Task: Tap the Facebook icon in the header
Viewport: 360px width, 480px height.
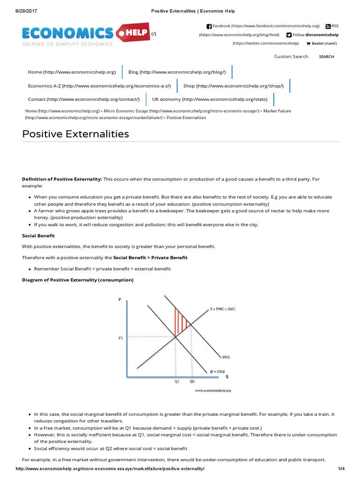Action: coord(209,26)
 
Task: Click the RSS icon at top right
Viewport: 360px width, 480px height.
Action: coord(328,26)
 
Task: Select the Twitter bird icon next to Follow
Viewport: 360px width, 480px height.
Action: coord(289,35)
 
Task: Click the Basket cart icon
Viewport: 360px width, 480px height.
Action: coord(308,44)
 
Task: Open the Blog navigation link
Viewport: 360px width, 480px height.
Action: coord(177,72)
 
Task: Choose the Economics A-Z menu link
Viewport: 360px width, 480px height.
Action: coord(99,86)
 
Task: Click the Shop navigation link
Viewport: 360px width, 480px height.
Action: coord(233,86)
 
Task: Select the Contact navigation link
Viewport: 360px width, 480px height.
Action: coord(84,99)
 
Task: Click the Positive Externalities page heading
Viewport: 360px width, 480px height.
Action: coord(75,134)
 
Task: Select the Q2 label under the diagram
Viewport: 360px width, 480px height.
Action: coord(192,382)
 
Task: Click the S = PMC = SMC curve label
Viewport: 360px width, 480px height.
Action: coord(223,309)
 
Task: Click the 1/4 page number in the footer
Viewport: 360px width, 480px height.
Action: coord(341,469)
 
